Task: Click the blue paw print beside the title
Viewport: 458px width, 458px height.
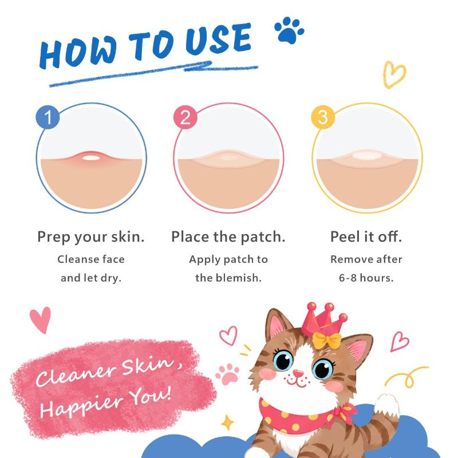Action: coord(289,30)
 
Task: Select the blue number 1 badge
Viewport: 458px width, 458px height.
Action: coord(48,117)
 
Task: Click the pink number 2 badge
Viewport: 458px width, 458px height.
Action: coord(185,117)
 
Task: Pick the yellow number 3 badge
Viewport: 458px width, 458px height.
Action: coord(323,117)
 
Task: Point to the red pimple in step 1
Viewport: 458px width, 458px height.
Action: coord(91,157)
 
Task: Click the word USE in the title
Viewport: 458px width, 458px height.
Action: coord(218,39)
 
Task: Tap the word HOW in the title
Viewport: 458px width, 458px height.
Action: coord(78,53)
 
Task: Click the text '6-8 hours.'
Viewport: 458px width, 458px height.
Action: coord(366,278)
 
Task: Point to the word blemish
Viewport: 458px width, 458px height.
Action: coord(238,278)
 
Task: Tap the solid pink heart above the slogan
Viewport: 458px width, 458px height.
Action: coord(40,319)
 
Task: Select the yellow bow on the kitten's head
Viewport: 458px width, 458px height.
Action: coord(327,340)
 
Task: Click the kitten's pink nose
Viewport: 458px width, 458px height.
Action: coord(298,373)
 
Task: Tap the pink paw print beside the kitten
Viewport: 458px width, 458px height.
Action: coord(227,374)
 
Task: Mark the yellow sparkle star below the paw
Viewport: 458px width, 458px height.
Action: coord(227,423)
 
